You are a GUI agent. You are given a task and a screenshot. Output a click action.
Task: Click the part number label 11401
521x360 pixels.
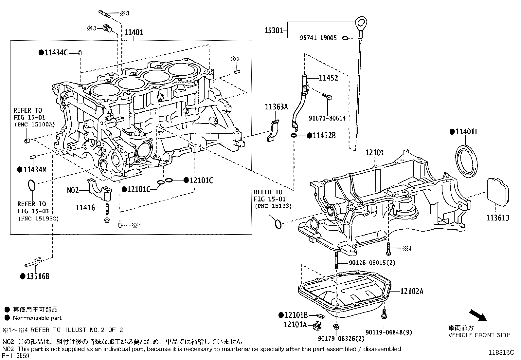[134, 32]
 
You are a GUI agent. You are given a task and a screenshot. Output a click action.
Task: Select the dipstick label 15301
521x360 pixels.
[274, 30]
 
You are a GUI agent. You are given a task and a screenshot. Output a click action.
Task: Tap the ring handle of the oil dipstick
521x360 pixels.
[361, 23]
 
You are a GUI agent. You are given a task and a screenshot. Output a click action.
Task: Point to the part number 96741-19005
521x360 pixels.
[318, 38]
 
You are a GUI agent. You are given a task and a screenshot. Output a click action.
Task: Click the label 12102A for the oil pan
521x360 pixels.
[412, 291]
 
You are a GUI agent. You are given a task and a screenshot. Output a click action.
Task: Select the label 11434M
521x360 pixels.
[34, 170]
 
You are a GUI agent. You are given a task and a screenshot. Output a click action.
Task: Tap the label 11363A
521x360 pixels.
[276, 106]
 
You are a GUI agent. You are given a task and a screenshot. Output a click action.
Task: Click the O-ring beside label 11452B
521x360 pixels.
[294, 135]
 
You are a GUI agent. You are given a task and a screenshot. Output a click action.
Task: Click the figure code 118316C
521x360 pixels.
[501, 352]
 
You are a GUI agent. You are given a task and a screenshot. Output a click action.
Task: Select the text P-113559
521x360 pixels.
[15, 356]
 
